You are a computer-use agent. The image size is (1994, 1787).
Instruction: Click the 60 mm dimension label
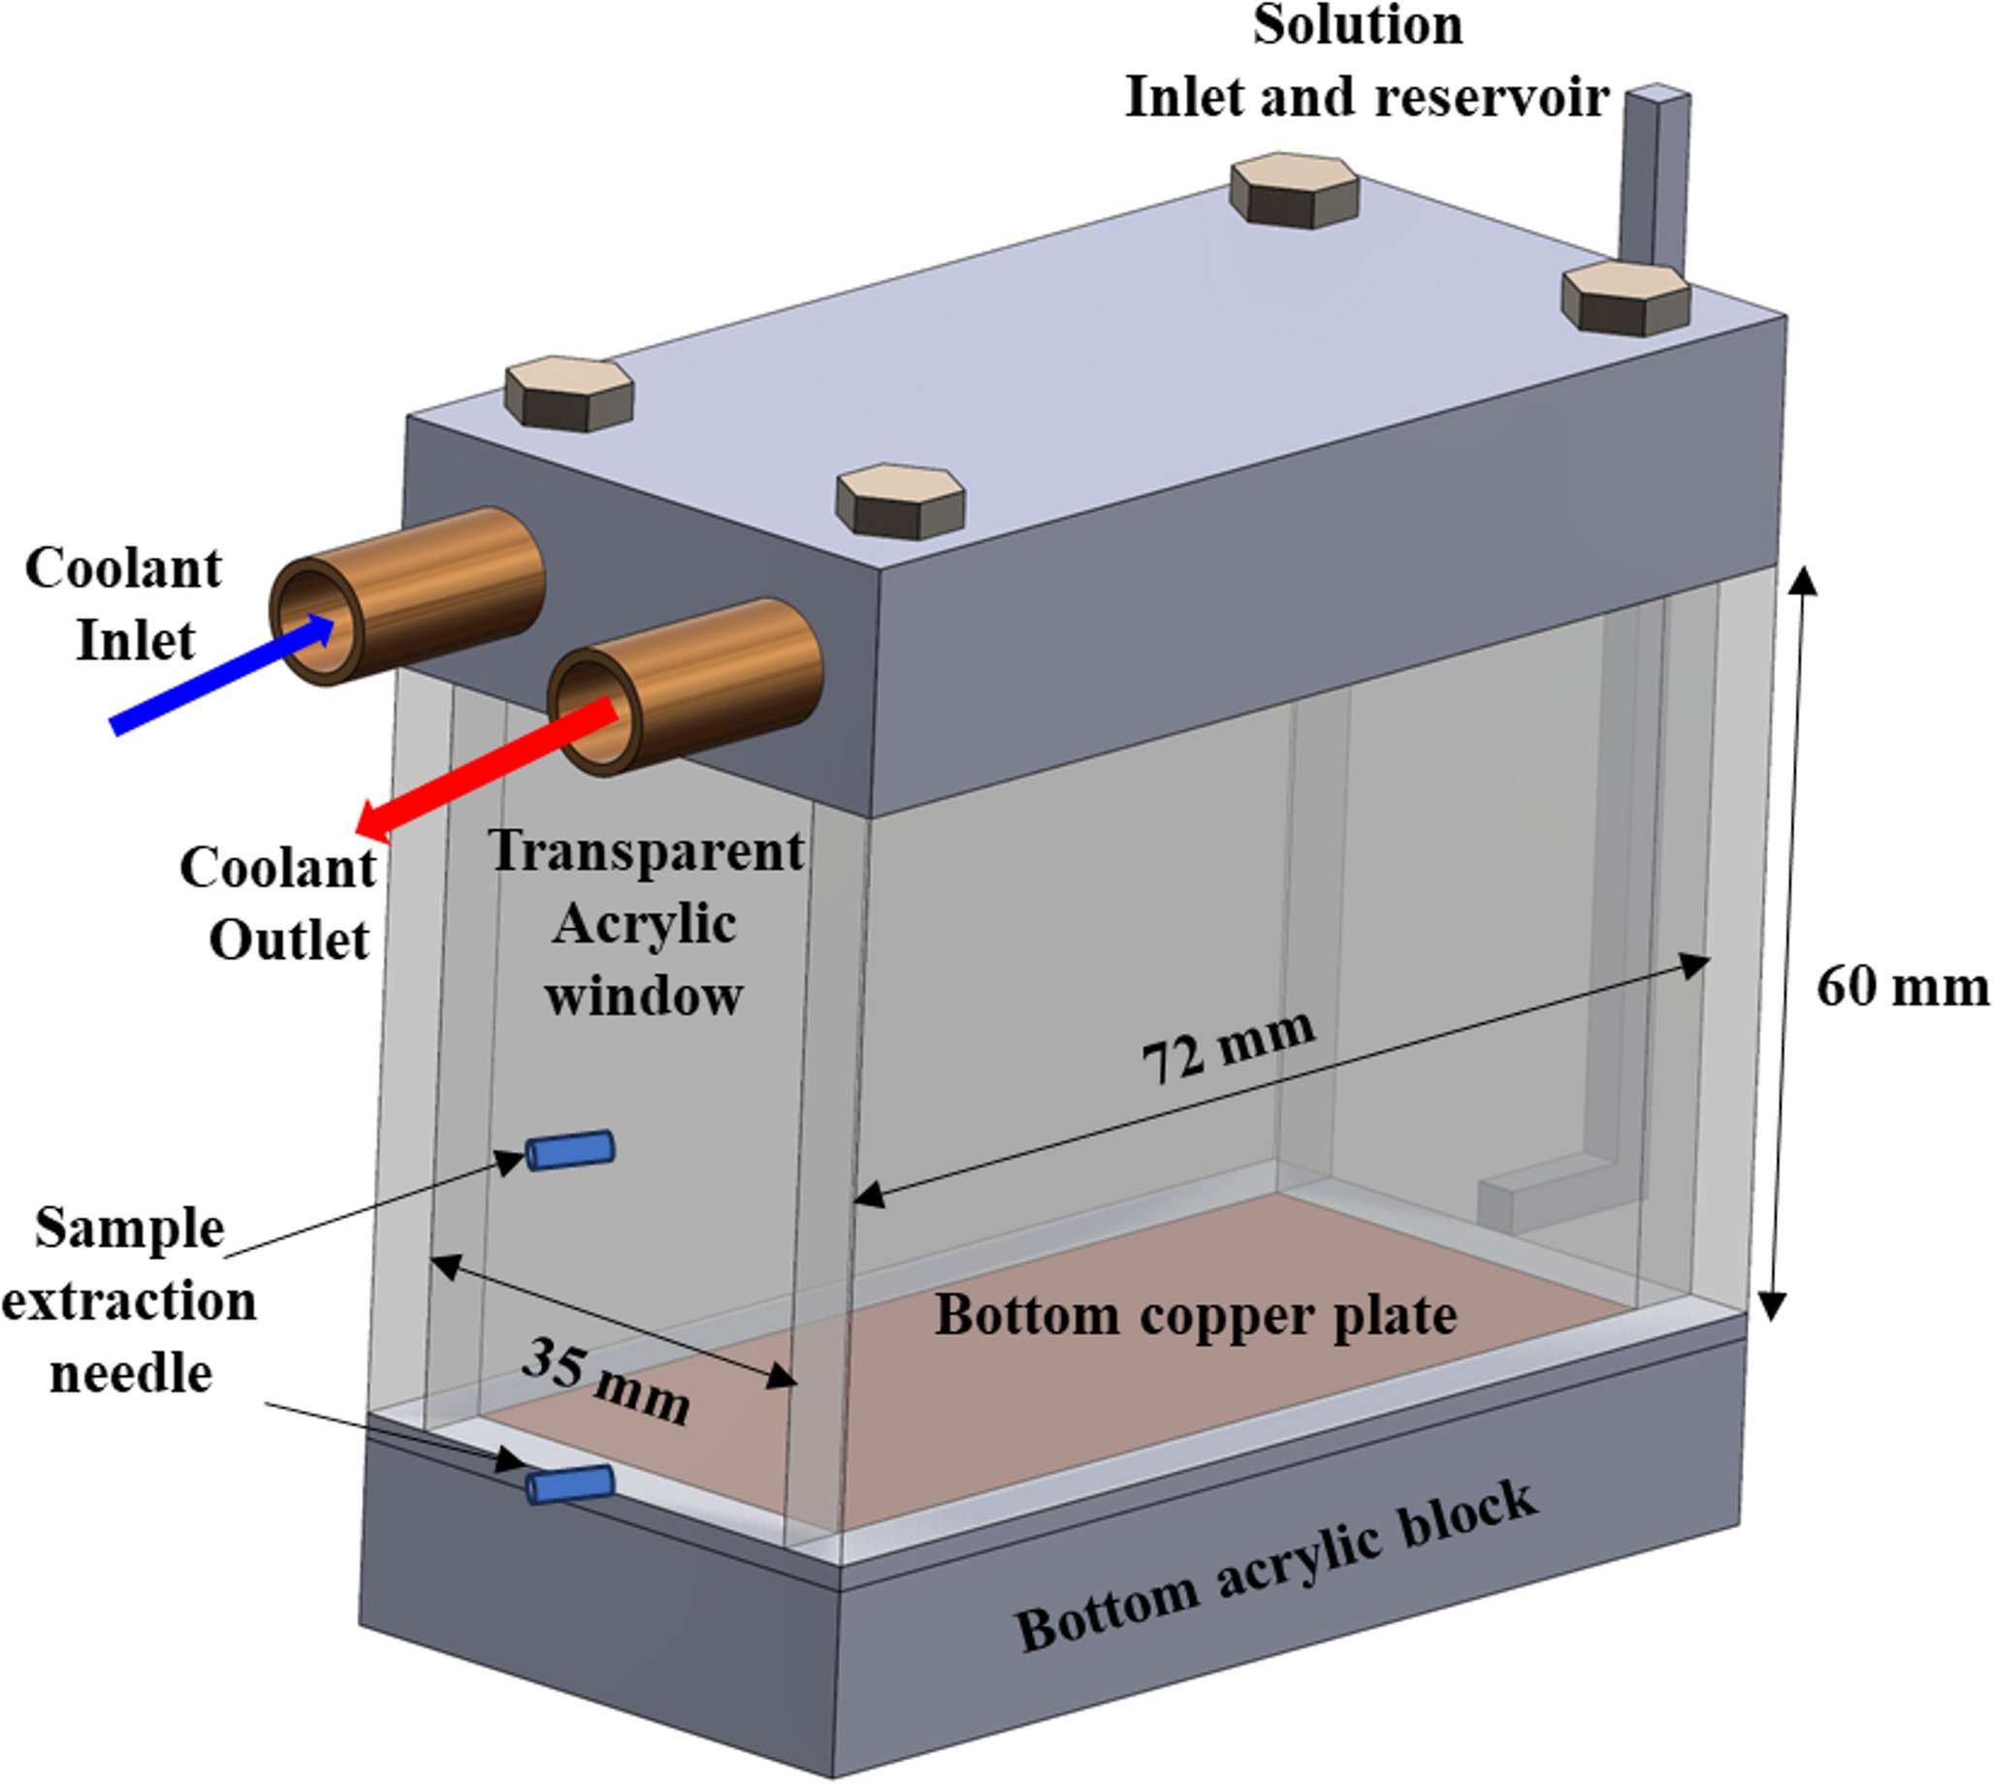pos(1902,987)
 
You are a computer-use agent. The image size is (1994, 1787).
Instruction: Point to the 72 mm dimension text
pos(1228,1045)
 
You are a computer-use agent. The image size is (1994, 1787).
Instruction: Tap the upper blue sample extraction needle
pos(569,1150)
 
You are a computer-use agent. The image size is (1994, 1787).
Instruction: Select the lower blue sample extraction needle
pos(569,1484)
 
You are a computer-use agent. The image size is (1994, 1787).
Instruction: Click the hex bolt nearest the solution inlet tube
pos(1624,298)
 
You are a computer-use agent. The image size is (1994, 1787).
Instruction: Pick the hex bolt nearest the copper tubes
pos(900,500)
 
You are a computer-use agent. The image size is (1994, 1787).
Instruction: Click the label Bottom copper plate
pos(1195,1316)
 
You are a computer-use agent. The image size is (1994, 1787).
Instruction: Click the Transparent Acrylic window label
pos(645,923)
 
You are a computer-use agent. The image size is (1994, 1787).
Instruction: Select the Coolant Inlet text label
pos(125,604)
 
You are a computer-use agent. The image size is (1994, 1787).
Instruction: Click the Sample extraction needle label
pos(130,1301)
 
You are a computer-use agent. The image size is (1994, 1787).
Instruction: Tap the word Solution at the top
pos(1358,24)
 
